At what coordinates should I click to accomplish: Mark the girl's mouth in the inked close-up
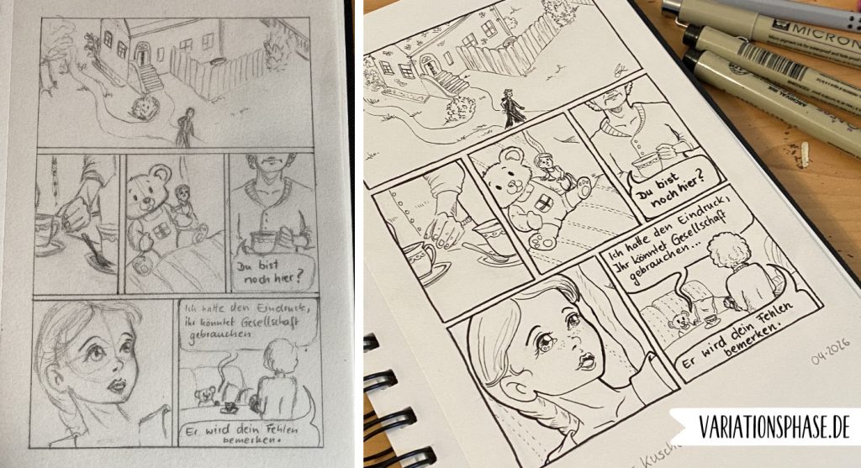point(586,361)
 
